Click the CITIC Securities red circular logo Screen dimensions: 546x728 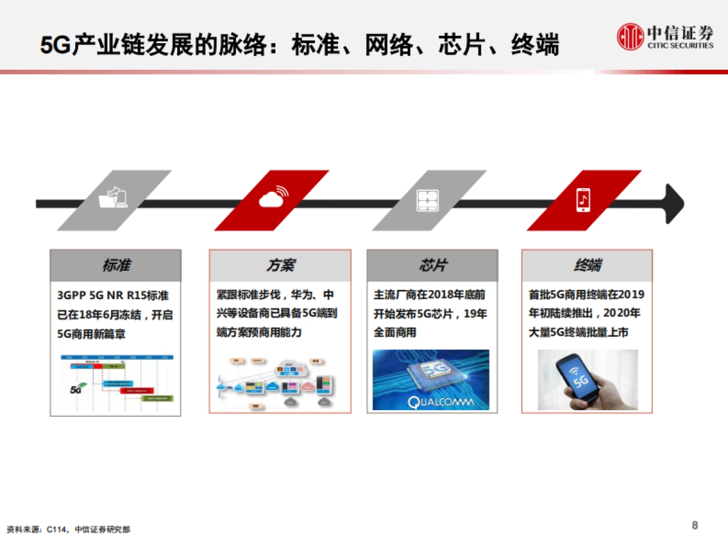point(630,36)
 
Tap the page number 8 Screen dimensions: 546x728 point(695,525)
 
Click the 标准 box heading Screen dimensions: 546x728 point(115,266)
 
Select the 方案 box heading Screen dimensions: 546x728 point(280,266)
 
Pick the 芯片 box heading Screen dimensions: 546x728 point(432,266)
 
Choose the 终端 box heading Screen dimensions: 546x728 point(587,266)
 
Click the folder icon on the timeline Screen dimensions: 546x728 point(114,198)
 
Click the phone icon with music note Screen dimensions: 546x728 point(583,199)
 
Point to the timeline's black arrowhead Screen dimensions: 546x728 point(673,203)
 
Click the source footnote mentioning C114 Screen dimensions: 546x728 point(68,530)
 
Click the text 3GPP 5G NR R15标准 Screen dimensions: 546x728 point(113,296)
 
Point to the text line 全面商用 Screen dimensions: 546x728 point(395,333)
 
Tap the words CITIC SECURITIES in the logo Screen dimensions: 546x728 point(680,45)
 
